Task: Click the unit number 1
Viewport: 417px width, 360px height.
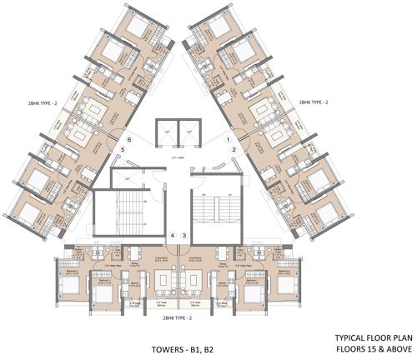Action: tap(229, 138)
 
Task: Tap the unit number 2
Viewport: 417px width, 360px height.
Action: tap(236, 149)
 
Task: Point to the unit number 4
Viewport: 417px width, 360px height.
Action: tap(173, 236)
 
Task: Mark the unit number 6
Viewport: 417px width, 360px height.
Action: tap(129, 138)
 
